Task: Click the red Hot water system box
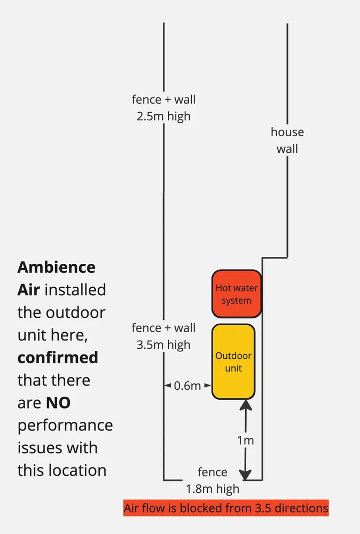click(236, 294)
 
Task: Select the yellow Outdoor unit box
click(233, 362)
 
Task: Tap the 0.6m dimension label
click(187, 385)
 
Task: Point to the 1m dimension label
click(245, 441)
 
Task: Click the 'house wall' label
click(287, 140)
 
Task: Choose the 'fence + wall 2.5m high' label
click(163, 107)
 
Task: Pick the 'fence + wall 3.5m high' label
click(163, 336)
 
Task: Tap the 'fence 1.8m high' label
click(213, 480)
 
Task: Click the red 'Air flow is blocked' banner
click(226, 508)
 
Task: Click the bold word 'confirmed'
click(58, 357)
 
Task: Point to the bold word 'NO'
click(58, 403)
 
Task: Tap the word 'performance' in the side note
click(65, 426)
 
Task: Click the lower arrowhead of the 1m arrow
click(245, 474)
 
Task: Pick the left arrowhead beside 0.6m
click(167, 385)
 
